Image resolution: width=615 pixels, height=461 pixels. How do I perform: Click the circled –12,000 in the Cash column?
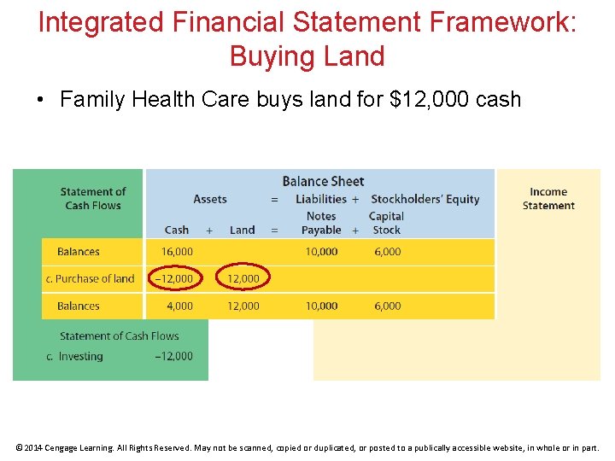click(x=173, y=278)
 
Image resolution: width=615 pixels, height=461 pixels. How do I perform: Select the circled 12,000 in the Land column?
click(x=243, y=278)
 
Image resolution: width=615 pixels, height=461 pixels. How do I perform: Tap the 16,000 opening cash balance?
click(x=177, y=252)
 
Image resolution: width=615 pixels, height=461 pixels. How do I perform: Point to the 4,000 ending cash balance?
click(x=179, y=306)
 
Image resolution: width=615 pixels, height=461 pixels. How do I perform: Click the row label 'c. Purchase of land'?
click(x=90, y=278)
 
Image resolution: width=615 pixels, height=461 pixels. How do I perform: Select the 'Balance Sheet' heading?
click(x=323, y=181)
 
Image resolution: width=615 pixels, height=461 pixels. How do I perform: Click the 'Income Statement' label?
click(x=548, y=199)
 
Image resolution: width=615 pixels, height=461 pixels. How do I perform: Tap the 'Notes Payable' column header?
click(x=321, y=223)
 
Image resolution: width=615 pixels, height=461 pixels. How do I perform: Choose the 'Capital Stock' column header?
click(x=386, y=223)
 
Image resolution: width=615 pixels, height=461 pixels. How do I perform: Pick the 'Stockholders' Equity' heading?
click(x=425, y=199)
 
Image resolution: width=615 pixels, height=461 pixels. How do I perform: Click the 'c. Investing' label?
click(x=74, y=356)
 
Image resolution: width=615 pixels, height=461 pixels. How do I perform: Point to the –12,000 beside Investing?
click(x=173, y=356)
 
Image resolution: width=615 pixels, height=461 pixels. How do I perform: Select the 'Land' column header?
click(x=243, y=230)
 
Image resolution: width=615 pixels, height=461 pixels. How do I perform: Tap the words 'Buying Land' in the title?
click(x=307, y=56)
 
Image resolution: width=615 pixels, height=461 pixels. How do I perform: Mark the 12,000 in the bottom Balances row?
click(x=243, y=306)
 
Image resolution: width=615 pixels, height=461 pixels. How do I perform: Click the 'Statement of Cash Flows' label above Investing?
click(x=120, y=336)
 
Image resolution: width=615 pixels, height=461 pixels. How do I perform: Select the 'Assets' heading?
click(x=210, y=199)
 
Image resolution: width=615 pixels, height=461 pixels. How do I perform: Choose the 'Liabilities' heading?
click(x=321, y=199)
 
